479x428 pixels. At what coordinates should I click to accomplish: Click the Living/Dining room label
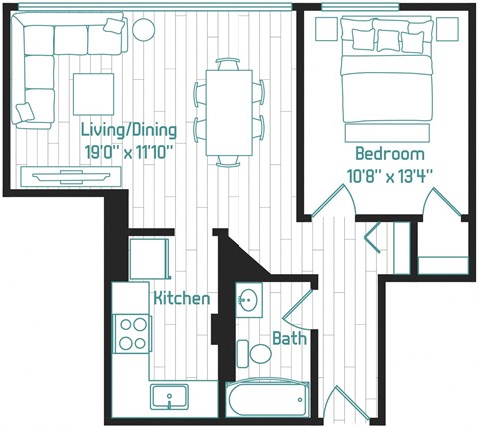tap(131, 130)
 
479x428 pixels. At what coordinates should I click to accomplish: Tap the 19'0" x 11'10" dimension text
tap(131, 152)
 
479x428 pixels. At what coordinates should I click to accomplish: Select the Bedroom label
tap(389, 155)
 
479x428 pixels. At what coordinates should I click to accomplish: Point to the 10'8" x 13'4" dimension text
tap(389, 176)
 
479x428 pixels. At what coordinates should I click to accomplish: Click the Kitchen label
tap(181, 299)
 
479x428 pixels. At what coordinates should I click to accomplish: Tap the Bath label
tap(289, 339)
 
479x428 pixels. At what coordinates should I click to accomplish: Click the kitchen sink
tap(171, 397)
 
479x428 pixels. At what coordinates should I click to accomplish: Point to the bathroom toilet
tap(257, 352)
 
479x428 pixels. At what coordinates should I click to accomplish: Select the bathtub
tap(266, 399)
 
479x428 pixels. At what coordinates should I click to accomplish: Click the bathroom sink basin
tap(248, 299)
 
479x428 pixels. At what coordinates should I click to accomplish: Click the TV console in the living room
tap(65, 176)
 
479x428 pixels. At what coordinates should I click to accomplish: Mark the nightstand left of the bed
tap(326, 31)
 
